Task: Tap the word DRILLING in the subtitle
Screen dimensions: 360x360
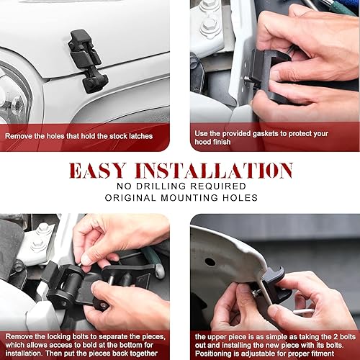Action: (x=163, y=186)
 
